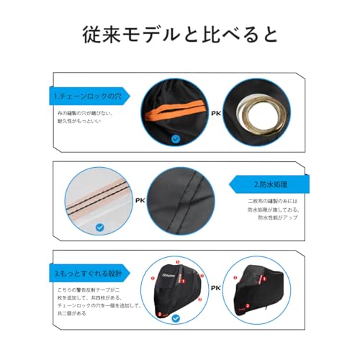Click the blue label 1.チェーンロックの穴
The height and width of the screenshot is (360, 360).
[x=85, y=94]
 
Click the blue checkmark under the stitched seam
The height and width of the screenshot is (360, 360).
[x=100, y=226]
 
